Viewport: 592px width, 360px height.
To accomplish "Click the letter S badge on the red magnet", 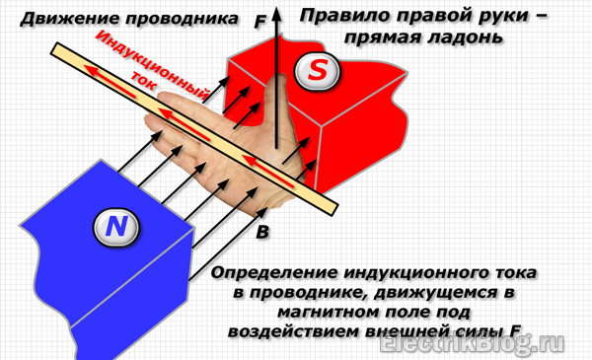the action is (x=317, y=70).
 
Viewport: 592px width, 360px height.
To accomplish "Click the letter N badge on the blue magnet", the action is (x=115, y=227).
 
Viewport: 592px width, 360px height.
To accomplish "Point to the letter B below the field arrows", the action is (x=262, y=232).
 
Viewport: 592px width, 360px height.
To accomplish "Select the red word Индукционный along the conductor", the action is (x=152, y=66).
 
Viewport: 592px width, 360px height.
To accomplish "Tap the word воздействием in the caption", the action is (x=293, y=331).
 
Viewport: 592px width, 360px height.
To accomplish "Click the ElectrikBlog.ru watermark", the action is (x=472, y=344).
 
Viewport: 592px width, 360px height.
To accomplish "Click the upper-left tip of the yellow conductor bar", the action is (x=52, y=49).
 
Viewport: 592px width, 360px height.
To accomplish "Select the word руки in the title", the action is (x=499, y=16).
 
